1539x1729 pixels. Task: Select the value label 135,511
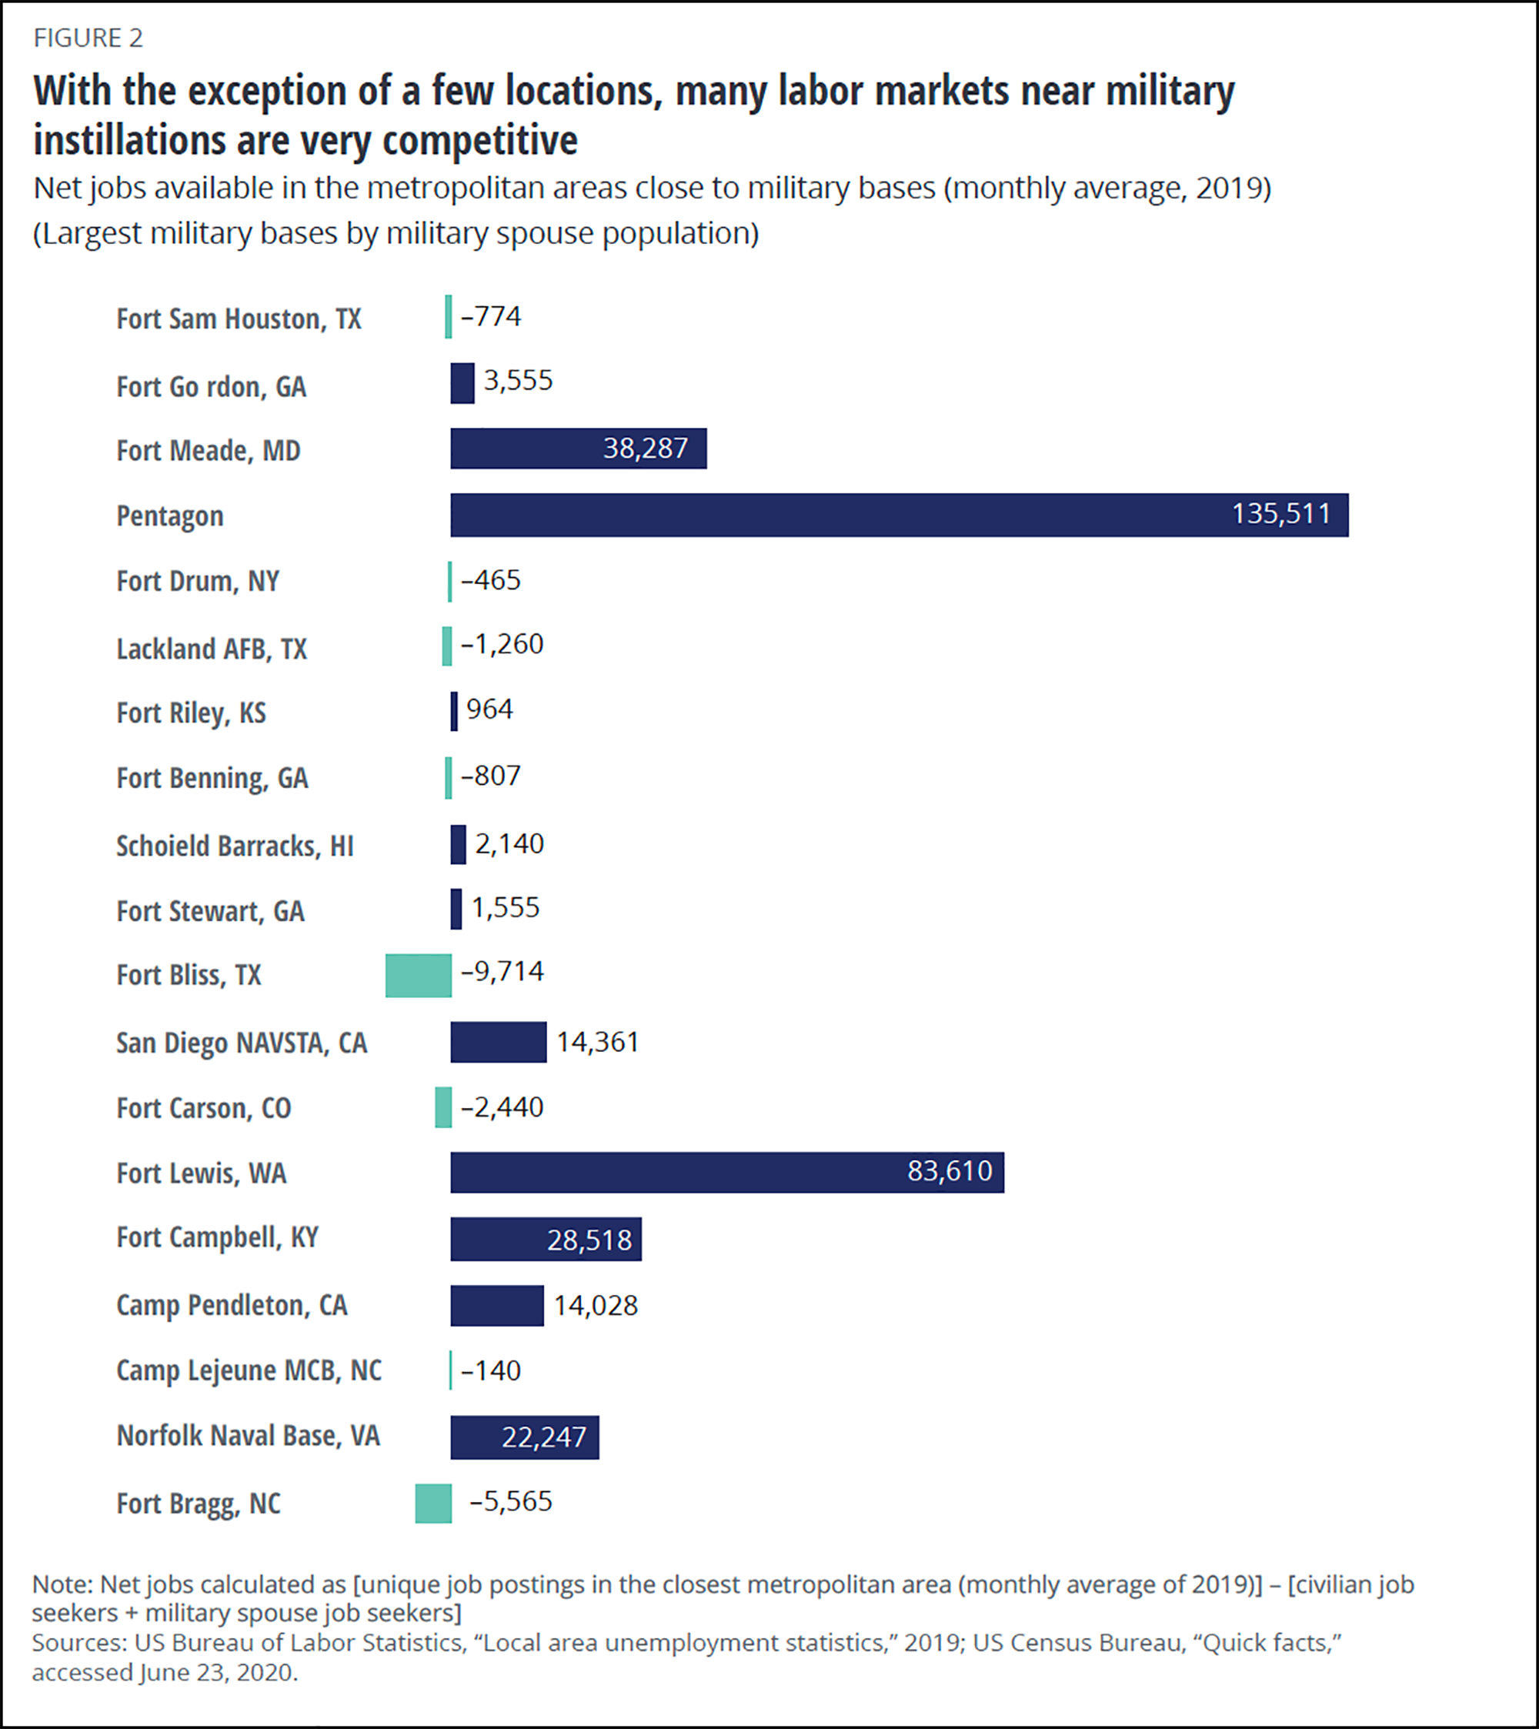[1281, 513]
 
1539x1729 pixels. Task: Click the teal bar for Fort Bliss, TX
[418, 976]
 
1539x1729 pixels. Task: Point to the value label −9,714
[502, 971]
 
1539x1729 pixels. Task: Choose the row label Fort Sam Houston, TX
[239, 319]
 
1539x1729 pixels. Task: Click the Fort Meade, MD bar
[578, 449]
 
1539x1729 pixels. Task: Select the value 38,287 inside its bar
[645, 449]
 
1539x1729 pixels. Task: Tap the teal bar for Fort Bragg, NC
[433, 1503]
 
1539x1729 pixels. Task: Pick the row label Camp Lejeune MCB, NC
[249, 1370]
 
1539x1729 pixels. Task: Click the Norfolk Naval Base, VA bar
[524, 1437]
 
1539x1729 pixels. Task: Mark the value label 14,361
[597, 1042]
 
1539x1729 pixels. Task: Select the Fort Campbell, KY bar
[545, 1239]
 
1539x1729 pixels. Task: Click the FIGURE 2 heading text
[88, 38]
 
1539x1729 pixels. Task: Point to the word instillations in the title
[129, 140]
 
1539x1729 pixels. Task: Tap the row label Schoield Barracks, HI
[235, 846]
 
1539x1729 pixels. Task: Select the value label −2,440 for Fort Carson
[502, 1107]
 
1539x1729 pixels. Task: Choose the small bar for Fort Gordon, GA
[462, 383]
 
